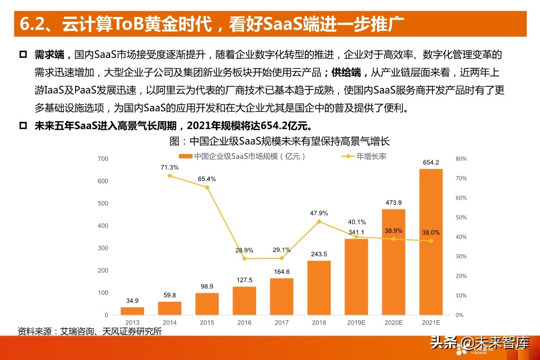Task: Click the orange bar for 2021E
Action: [x=430, y=241]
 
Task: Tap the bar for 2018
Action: [x=319, y=287]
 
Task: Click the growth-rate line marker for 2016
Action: [x=244, y=258]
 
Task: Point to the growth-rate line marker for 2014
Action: [x=169, y=176]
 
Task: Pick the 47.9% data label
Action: [x=319, y=213]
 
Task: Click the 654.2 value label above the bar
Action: [x=430, y=163]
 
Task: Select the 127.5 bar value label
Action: [x=244, y=280]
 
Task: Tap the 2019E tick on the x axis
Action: [x=356, y=322]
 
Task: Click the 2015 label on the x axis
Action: [x=207, y=322]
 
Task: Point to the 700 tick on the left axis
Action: [x=103, y=159]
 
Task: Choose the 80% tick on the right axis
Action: [x=461, y=159]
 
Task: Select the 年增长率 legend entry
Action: [x=371, y=156]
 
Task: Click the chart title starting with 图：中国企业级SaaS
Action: [x=280, y=141]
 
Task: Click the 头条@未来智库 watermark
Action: [x=480, y=344]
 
